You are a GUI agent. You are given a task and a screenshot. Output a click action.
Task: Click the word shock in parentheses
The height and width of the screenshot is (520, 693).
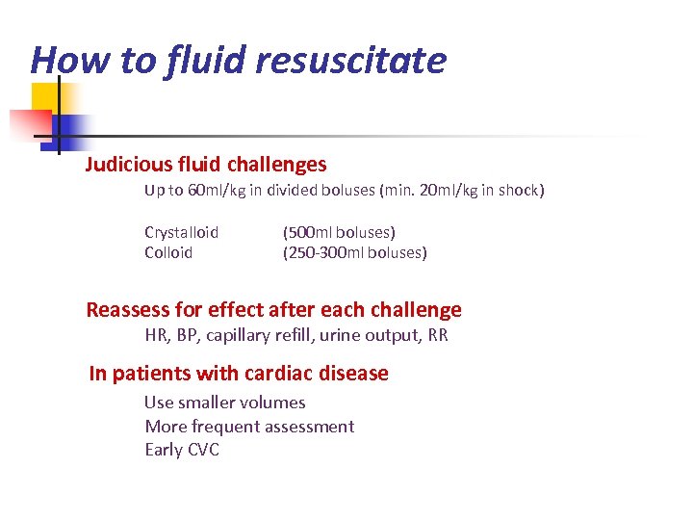(x=519, y=191)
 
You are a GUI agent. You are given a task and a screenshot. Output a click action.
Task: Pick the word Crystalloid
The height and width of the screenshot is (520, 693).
(x=181, y=232)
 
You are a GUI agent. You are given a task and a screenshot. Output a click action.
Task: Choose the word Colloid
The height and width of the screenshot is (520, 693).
(x=168, y=252)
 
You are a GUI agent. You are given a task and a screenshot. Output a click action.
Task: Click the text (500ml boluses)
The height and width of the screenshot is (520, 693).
(x=339, y=232)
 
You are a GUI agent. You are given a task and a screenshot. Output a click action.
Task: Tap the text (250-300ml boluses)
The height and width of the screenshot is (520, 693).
(x=354, y=252)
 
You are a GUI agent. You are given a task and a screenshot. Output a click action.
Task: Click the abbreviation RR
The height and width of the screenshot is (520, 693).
(x=437, y=335)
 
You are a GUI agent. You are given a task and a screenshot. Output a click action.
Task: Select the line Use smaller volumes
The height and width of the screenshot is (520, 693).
(x=224, y=403)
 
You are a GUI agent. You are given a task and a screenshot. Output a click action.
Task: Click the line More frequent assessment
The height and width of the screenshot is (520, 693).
(x=249, y=427)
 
